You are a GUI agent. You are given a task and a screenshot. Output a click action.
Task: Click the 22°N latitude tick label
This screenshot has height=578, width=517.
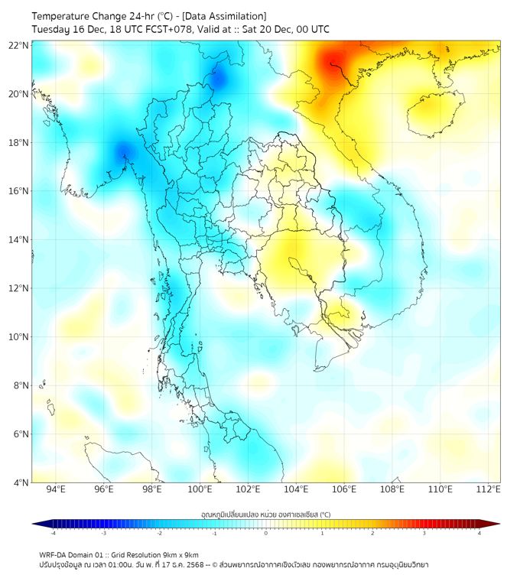19,46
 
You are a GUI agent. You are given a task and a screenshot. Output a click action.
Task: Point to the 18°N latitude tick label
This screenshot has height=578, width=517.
19,143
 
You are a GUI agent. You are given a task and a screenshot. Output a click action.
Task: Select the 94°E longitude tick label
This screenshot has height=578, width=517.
56,490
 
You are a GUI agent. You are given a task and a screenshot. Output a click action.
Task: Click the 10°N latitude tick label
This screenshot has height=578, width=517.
19,337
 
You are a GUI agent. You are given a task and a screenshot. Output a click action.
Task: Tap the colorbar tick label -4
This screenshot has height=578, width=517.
53,534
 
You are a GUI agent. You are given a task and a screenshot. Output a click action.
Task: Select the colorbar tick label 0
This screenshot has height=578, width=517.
266,534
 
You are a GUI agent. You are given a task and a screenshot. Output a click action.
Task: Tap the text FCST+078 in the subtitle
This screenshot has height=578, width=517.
170,29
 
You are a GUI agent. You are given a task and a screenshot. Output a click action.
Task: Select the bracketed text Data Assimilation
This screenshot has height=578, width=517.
229,16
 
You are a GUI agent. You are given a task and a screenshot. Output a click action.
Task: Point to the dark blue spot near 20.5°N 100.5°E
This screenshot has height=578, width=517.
217,78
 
